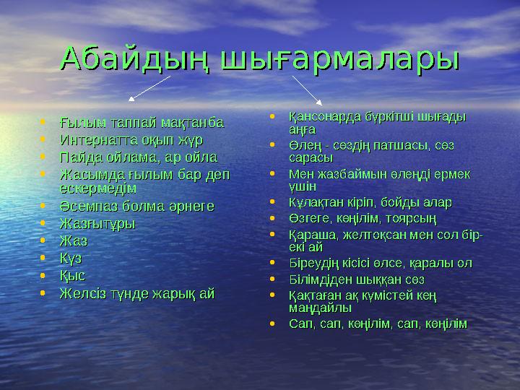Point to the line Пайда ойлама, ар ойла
click(x=138, y=157)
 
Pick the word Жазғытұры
click(x=97, y=224)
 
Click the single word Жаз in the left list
click(x=74, y=241)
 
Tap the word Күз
click(x=73, y=259)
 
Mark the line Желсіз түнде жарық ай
click(x=137, y=293)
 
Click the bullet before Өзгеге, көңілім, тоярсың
click(x=271, y=219)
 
